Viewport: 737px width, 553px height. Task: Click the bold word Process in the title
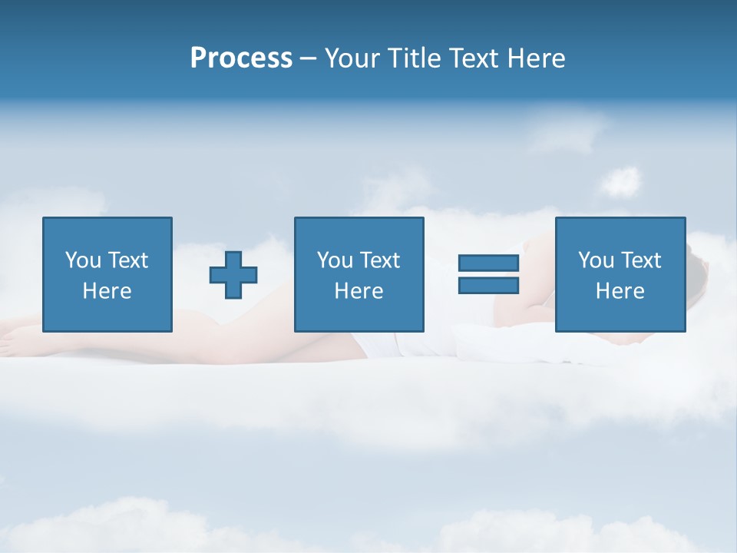pos(241,58)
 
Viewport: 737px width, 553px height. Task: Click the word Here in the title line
pos(538,58)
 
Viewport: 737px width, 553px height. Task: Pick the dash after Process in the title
pos(308,58)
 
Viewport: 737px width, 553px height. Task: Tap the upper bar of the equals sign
pos(488,263)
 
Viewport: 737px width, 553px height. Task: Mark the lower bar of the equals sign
pos(488,286)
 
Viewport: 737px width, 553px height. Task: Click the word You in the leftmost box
pos(83,260)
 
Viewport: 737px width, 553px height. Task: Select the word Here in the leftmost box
pos(107,291)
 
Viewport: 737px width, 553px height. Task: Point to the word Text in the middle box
pos(379,260)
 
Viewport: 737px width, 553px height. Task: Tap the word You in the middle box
pos(335,260)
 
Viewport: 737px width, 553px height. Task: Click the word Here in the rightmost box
pos(620,291)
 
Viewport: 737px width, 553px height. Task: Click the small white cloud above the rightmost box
pos(620,182)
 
